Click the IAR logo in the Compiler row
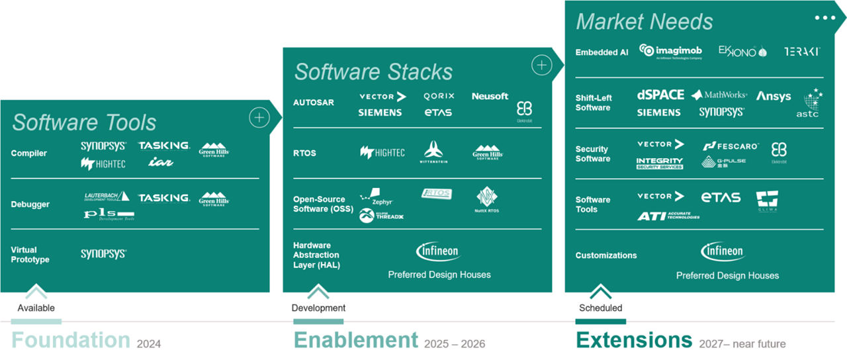coord(161,162)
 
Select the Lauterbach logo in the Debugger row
coord(107,197)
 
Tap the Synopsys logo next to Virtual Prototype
coord(103,253)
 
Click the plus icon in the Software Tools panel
coord(259,118)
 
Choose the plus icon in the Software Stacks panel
coord(541,65)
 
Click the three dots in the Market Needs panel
coord(825,18)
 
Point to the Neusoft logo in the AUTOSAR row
coord(490,96)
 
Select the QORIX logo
coord(439,96)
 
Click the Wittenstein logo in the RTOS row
coord(434,152)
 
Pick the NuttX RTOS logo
coord(488,200)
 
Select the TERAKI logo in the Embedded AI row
coord(802,51)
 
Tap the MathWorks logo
coord(719,95)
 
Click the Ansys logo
coord(774,96)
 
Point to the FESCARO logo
coord(731,146)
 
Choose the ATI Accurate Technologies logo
coord(668,216)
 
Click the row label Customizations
coord(606,255)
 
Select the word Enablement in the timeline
coord(355,340)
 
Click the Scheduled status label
coord(600,308)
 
